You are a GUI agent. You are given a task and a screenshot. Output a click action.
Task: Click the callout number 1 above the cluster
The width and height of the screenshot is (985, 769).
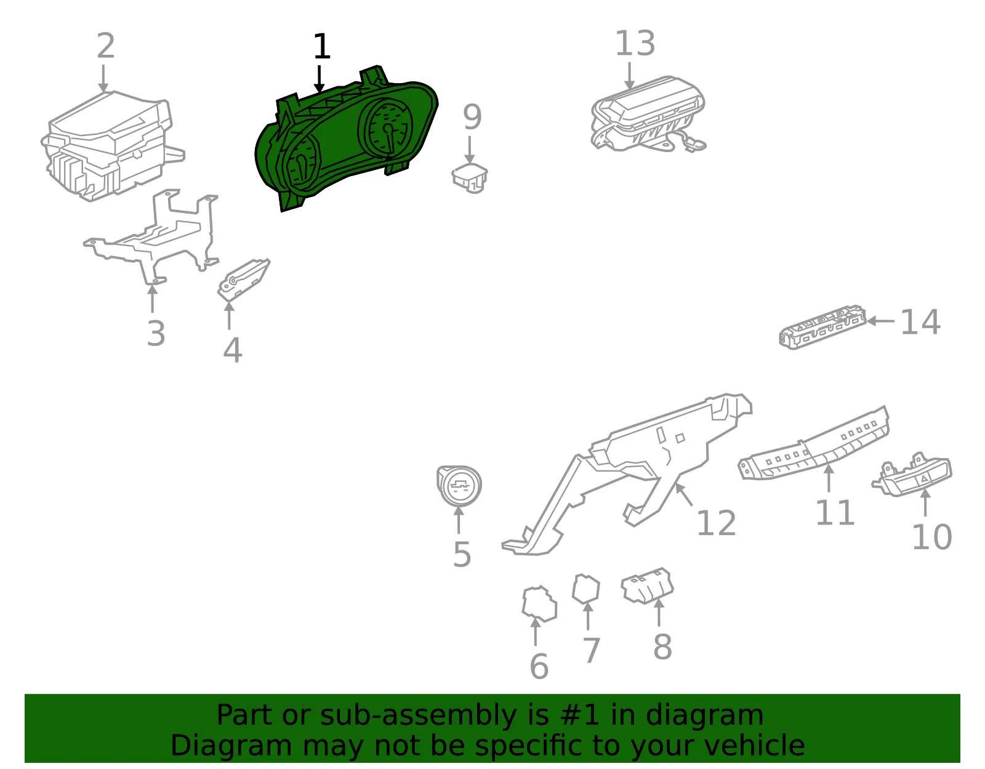tap(322, 46)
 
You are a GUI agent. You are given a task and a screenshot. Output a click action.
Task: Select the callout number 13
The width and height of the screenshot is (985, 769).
tap(635, 44)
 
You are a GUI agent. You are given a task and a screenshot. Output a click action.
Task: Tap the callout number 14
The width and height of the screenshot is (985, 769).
tap(920, 322)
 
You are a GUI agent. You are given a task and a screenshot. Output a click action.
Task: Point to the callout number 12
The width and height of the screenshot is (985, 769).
tap(716, 523)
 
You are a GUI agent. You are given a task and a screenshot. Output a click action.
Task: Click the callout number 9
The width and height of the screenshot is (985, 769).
tap(472, 116)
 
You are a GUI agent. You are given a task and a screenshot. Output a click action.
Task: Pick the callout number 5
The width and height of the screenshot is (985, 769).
tap(462, 554)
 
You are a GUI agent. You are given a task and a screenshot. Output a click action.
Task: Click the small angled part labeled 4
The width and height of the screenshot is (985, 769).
tap(243, 280)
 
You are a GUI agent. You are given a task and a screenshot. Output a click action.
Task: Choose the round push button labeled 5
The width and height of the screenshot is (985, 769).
tap(459, 486)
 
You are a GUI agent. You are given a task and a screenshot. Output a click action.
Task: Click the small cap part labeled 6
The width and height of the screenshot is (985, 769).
tap(539, 604)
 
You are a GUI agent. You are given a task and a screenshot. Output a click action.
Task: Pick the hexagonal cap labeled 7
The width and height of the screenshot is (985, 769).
tap(586, 589)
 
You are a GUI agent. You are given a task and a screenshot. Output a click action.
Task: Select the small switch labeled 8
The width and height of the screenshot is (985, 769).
tap(647, 586)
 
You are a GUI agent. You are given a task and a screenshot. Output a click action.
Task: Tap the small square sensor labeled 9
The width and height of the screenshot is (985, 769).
tap(470, 178)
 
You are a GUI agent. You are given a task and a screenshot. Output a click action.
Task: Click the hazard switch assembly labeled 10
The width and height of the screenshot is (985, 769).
tap(912, 475)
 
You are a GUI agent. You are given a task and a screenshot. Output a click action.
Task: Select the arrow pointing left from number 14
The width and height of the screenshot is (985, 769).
tap(880, 321)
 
